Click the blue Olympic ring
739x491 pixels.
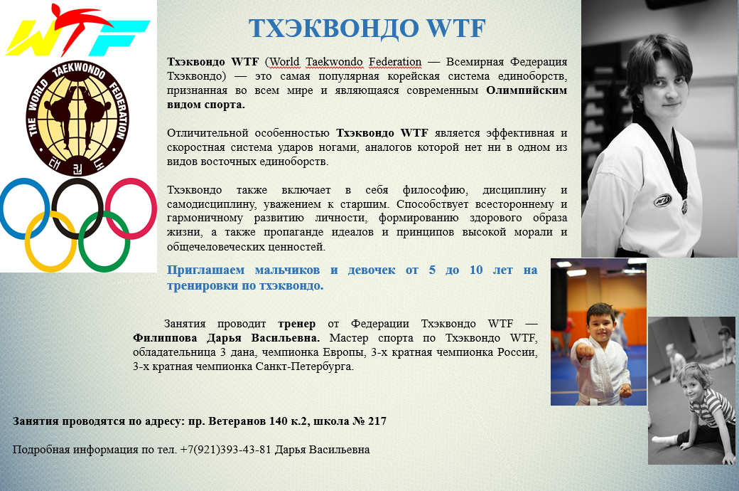4,208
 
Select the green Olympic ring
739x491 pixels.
81,241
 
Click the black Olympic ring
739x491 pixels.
54,208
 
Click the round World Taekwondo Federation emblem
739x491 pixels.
77,118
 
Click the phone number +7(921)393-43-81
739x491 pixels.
225,450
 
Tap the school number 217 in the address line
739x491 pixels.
377,421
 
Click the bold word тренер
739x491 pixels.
297,324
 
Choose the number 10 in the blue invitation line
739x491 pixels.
476,270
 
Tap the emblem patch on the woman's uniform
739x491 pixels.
662,201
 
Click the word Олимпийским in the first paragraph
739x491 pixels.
527,90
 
